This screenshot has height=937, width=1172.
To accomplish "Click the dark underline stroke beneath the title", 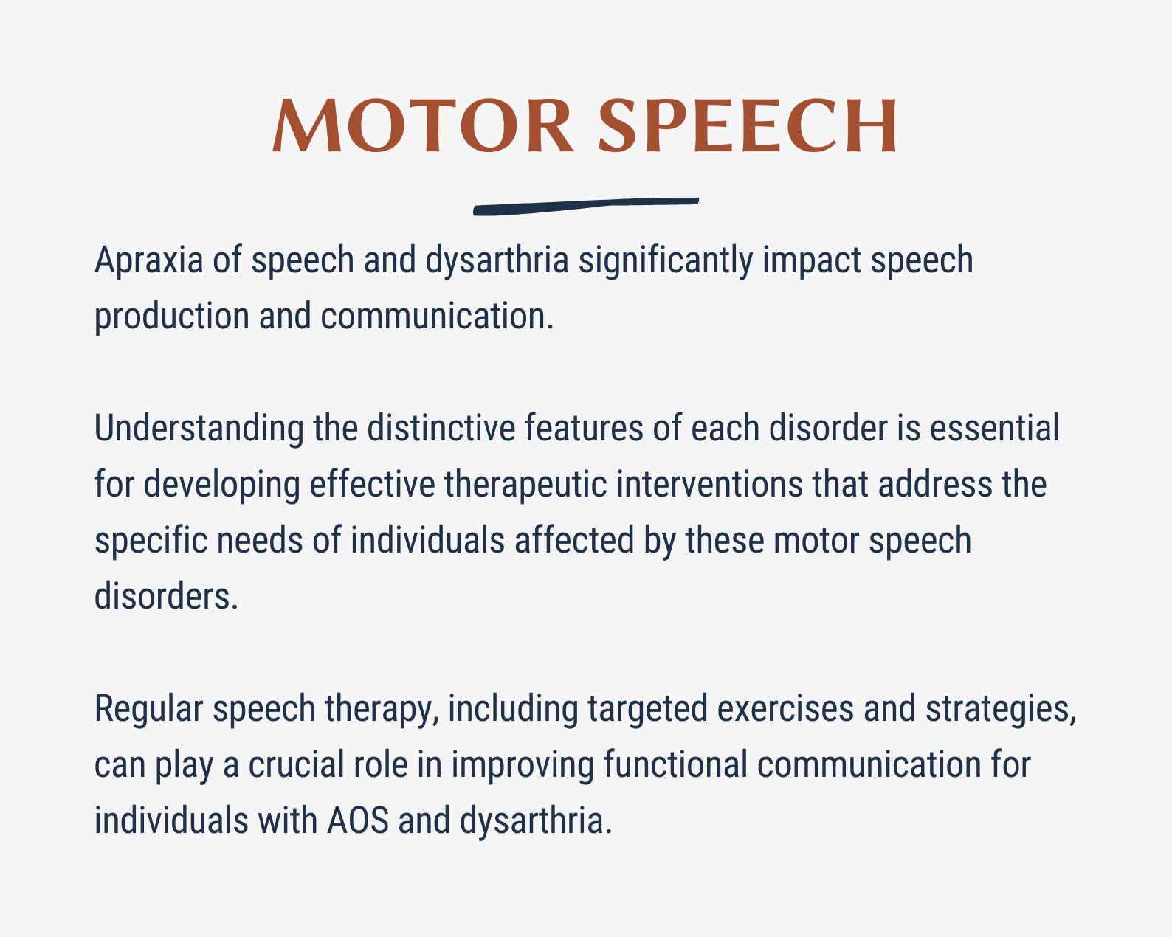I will (585, 206).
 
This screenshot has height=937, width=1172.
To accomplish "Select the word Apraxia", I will (148, 260).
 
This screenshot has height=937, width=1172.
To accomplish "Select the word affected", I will (573, 541).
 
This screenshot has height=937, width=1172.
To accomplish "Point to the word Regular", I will (148, 709).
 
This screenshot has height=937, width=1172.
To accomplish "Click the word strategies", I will (1000, 709).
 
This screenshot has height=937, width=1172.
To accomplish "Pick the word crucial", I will (296, 765).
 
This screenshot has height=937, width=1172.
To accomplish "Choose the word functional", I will (675, 765).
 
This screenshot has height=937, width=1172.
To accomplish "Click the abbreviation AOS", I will (357, 821).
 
